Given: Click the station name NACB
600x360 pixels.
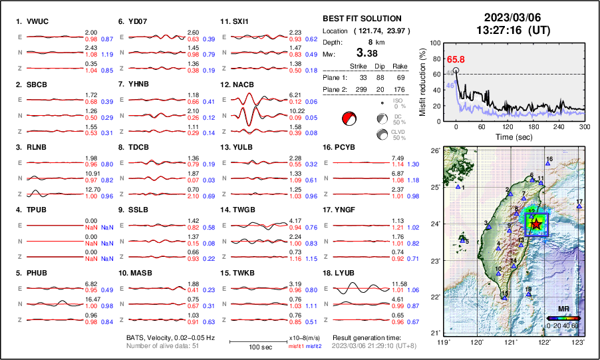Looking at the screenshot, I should [242, 85].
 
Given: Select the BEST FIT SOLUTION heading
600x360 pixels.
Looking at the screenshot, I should [361, 19].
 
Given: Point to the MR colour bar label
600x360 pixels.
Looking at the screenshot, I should [563, 309].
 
